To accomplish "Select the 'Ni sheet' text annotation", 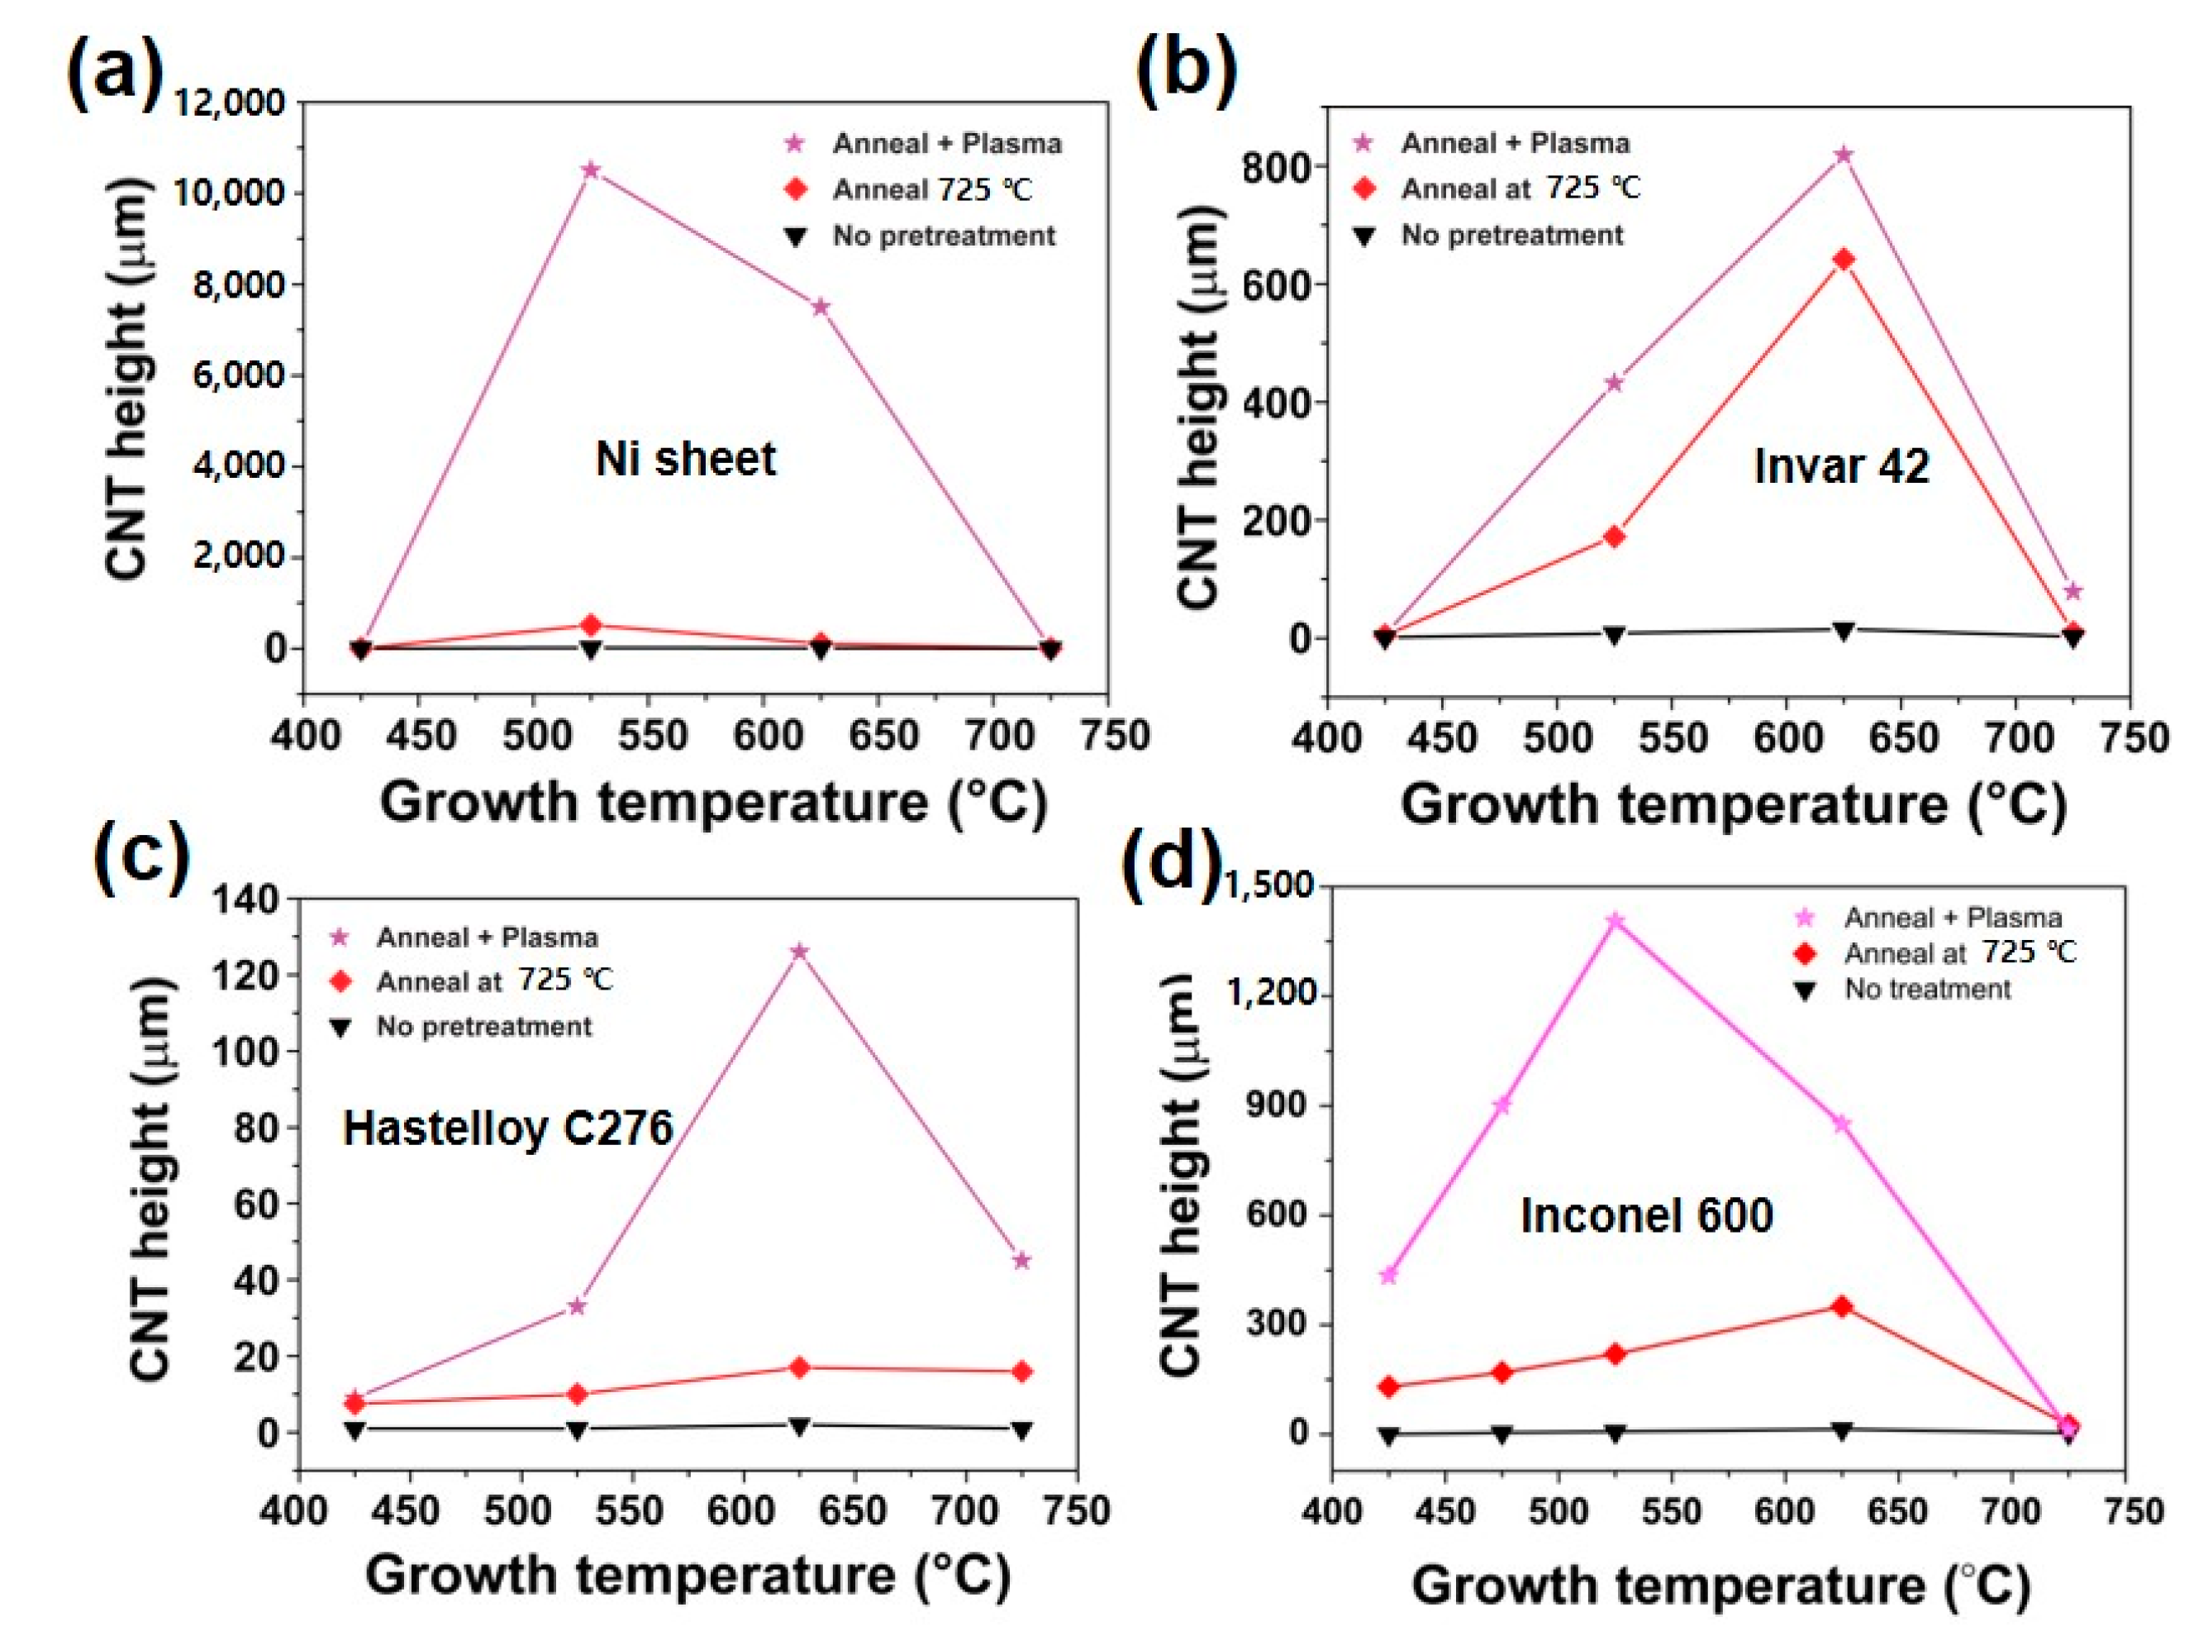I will pyautogui.click(x=686, y=460).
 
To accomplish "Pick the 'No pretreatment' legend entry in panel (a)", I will pyautogui.click(x=943, y=236).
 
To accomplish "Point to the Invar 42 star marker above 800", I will pyautogui.click(x=1844, y=155).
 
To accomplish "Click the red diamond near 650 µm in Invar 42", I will pyautogui.click(x=1844, y=260).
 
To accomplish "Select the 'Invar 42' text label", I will pyautogui.click(x=1840, y=465).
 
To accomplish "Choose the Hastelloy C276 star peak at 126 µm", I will pyautogui.click(x=800, y=952).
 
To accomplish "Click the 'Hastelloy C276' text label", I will pyautogui.click(x=507, y=1128).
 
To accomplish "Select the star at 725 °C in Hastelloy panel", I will pyautogui.click(x=1022, y=1260).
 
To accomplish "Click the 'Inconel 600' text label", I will pyautogui.click(x=1646, y=1215).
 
